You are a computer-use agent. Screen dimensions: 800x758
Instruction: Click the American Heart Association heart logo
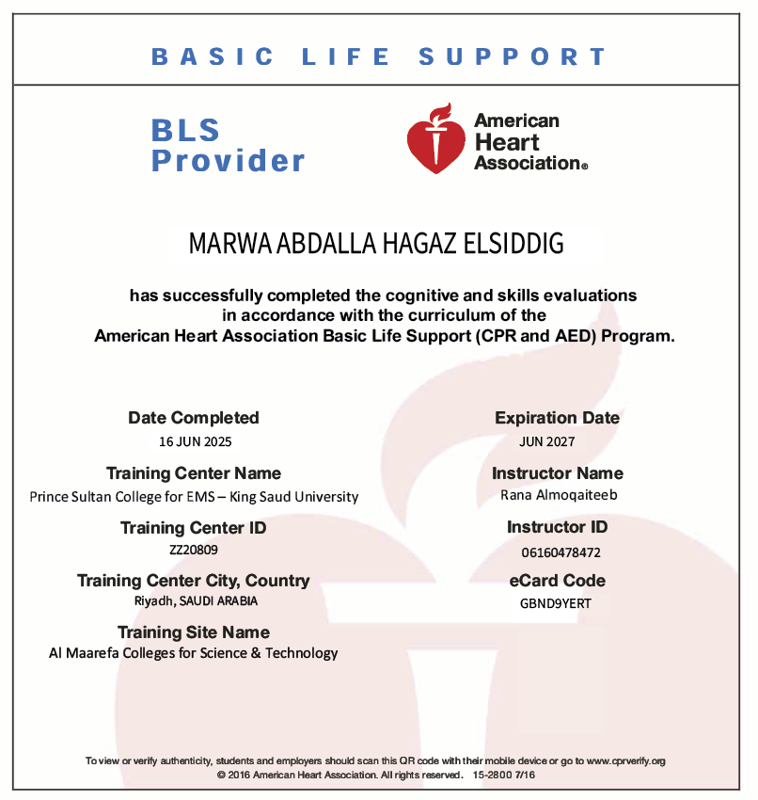[x=436, y=141]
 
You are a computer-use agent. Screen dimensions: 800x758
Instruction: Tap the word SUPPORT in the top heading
[x=513, y=56]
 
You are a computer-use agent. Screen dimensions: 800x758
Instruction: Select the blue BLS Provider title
[x=229, y=146]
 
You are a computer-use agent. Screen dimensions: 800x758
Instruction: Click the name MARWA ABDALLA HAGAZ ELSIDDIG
[x=376, y=244]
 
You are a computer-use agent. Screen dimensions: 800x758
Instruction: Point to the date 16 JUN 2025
[x=194, y=440]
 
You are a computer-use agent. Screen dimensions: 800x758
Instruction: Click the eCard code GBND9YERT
[x=557, y=603]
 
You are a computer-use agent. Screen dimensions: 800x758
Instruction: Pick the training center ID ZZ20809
[x=193, y=550]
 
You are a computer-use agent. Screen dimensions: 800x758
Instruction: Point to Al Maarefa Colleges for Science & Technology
[x=194, y=652]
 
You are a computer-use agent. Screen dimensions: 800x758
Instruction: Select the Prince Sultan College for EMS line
[x=194, y=496]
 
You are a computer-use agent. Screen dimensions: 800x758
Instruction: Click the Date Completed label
[x=194, y=418]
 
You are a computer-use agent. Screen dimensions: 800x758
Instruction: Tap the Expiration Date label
[x=557, y=418]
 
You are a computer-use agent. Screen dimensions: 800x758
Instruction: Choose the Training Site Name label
[x=194, y=632]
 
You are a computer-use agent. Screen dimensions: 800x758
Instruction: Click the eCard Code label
[x=557, y=581]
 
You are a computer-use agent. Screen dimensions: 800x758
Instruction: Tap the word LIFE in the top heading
[x=346, y=56]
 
